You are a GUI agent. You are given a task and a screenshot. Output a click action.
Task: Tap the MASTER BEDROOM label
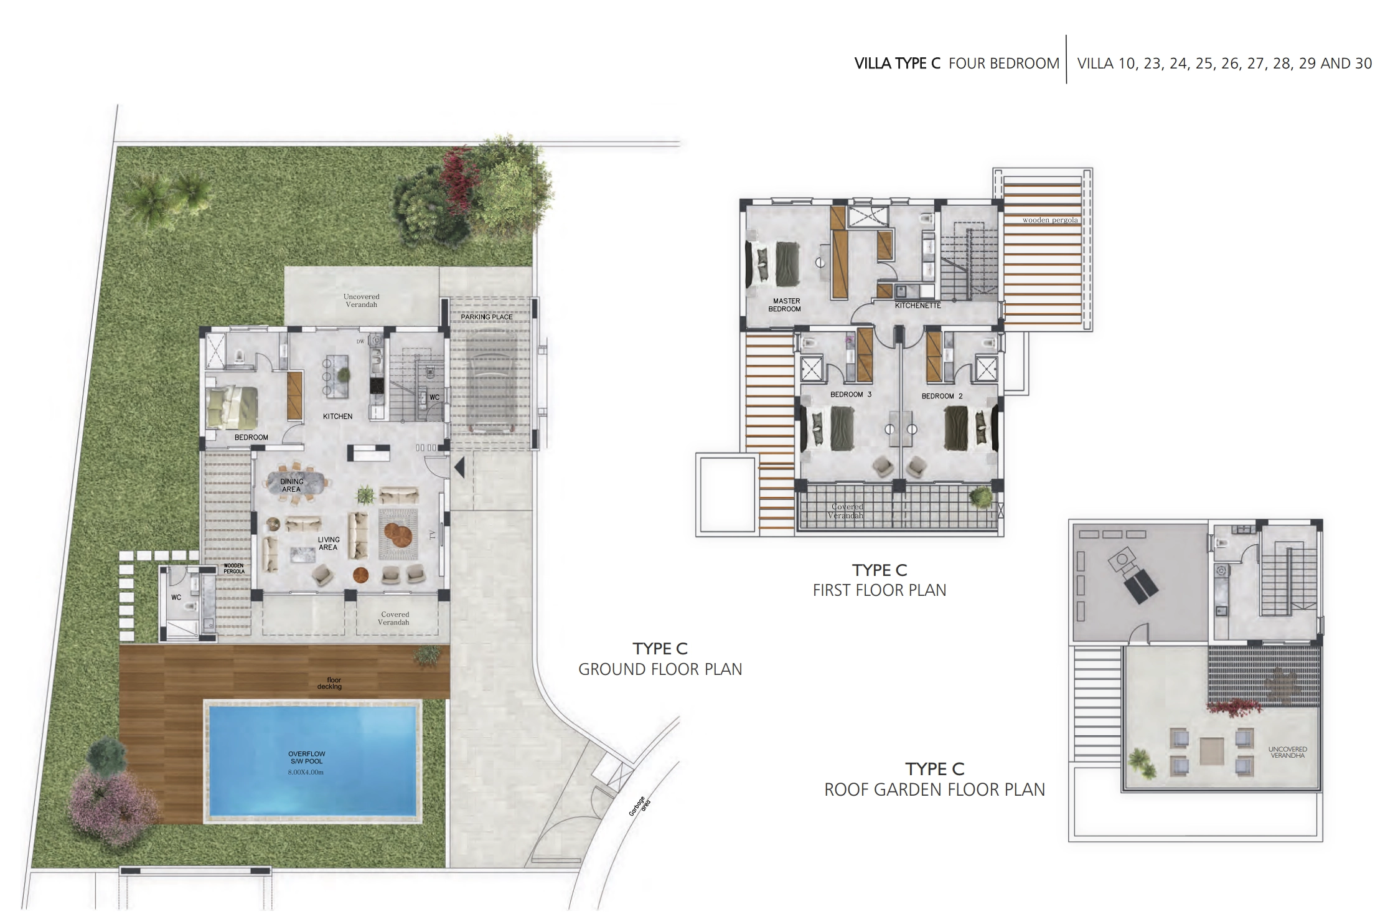click(x=786, y=305)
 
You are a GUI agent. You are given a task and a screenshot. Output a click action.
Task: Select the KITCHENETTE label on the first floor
click(x=917, y=306)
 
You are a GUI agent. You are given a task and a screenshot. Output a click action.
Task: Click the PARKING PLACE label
click(x=487, y=317)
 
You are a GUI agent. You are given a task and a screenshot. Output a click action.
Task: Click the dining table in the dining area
click(x=296, y=482)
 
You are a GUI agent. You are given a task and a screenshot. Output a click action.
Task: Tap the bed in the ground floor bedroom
click(x=232, y=407)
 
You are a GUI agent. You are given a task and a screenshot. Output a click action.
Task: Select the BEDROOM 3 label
click(x=851, y=394)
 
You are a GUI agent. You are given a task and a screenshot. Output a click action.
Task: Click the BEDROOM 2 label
click(x=942, y=396)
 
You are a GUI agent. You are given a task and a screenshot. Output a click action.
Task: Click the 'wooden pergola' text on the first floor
click(x=1050, y=220)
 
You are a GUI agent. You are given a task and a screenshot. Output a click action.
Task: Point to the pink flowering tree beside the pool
click(x=109, y=804)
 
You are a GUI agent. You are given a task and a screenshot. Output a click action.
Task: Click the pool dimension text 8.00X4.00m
click(x=306, y=773)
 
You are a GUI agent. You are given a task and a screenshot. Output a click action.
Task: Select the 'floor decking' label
click(x=330, y=683)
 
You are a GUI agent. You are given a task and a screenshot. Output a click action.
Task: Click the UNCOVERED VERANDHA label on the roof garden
click(x=1287, y=752)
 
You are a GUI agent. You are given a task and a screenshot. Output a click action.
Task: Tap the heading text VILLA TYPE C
click(x=897, y=64)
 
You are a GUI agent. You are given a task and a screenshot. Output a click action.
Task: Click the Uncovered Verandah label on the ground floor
click(x=361, y=301)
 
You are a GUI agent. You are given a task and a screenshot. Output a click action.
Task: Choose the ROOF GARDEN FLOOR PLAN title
click(x=934, y=789)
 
